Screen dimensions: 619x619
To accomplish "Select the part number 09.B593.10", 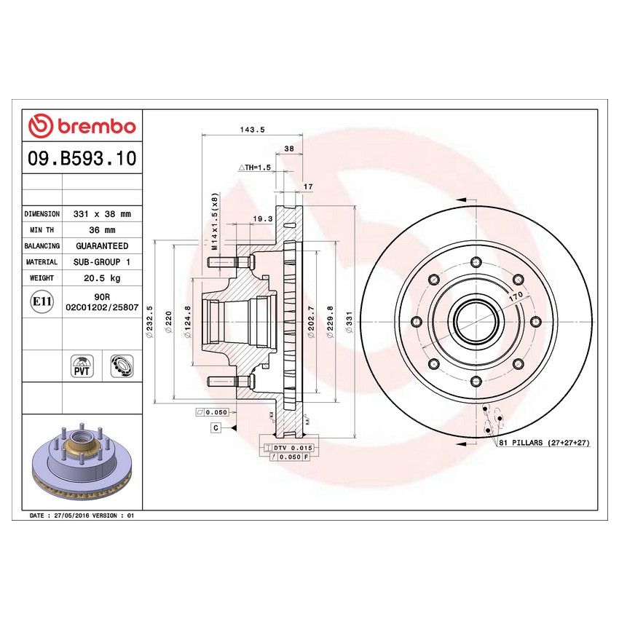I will [82, 159].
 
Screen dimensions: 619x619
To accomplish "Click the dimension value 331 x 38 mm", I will [102, 214].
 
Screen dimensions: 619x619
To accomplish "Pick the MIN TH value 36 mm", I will [102, 230].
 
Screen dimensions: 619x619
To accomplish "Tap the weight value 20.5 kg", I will [102, 278].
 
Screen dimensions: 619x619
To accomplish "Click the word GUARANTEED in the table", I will [102, 246].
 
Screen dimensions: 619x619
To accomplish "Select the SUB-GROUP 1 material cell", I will [102, 262].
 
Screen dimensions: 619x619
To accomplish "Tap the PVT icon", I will [81, 366].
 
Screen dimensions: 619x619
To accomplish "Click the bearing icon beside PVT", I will [120, 366].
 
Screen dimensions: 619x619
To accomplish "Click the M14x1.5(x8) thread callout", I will [214, 222].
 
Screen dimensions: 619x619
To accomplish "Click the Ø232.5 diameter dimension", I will [150, 318].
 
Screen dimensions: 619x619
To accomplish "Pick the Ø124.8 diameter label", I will [189, 318].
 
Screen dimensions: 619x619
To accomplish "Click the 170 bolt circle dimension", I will [516, 297].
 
